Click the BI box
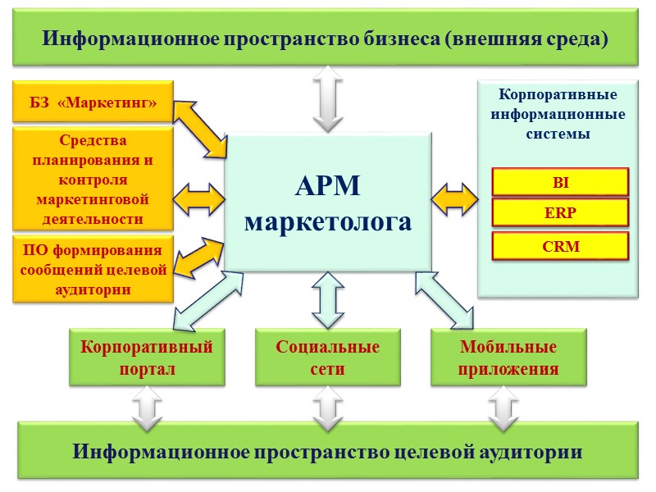point(560,181)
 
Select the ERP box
point(560,212)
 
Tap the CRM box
point(560,245)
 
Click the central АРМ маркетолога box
point(328,203)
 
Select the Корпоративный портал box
point(147,358)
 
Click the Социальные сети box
point(327,358)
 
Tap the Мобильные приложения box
point(508,358)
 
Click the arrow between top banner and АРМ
point(328,98)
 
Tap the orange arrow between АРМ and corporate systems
point(455,199)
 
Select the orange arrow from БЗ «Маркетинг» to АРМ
point(200,128)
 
